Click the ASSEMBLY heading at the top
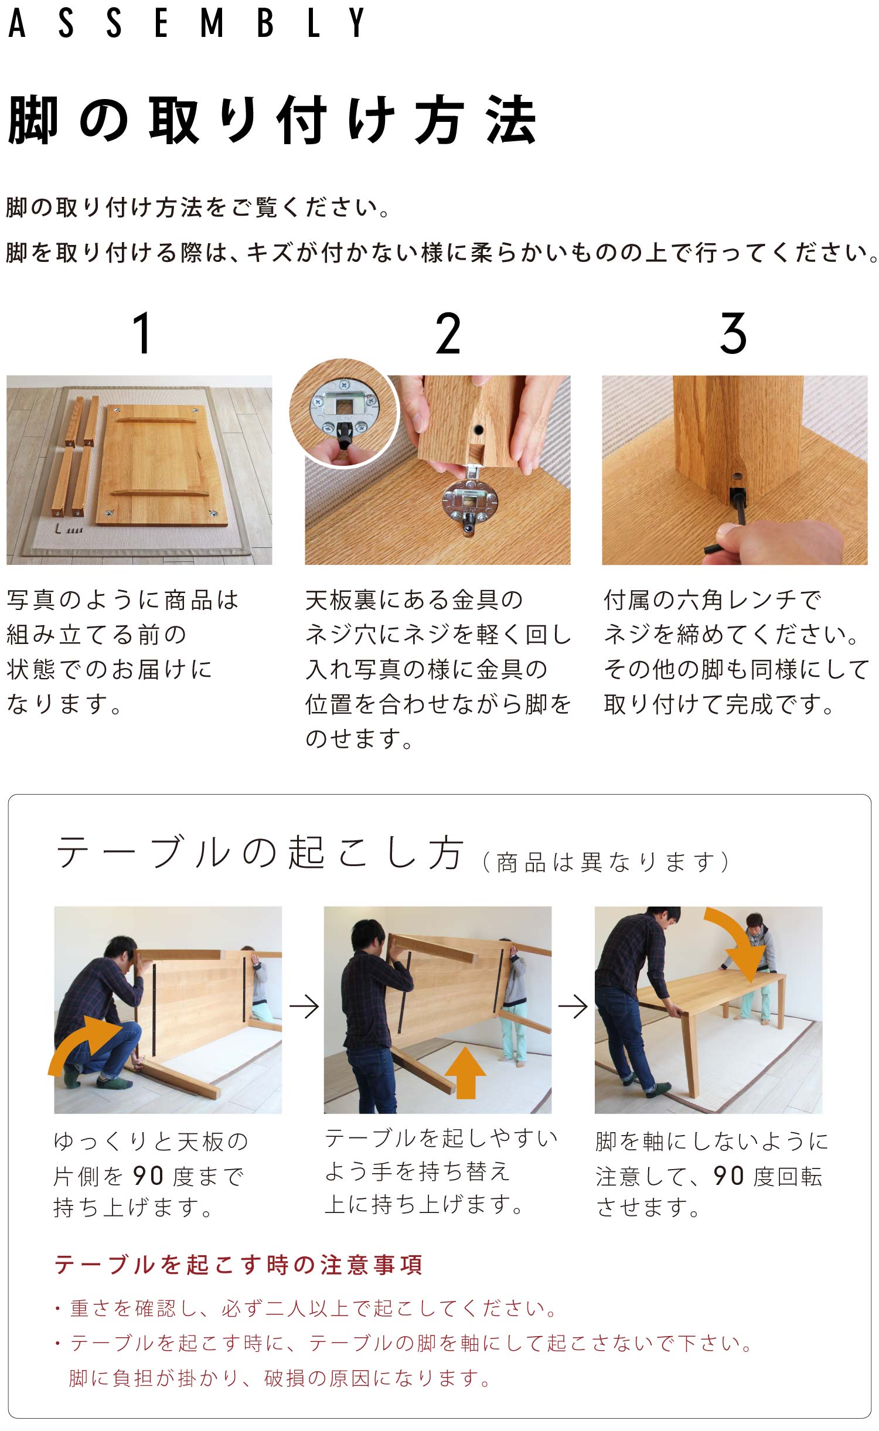[x=186, y=23]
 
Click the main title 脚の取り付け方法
[x=272, y=120]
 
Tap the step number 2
[x=448, y=333]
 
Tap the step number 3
[x=733, y=333]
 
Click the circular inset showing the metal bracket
[x=344, y=413]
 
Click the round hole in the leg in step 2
[x=479, y=430]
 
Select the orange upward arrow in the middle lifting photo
[x=465, y=1073]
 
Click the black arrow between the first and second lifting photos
[x=304, y=1006]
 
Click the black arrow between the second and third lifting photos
[x=573, y=1006]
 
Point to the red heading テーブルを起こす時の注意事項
[x=238, y=1265]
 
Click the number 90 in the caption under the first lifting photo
[x=148, y=1176]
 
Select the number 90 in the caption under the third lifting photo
[x=728, y=1176]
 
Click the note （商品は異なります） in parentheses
[x=606, y=862]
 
